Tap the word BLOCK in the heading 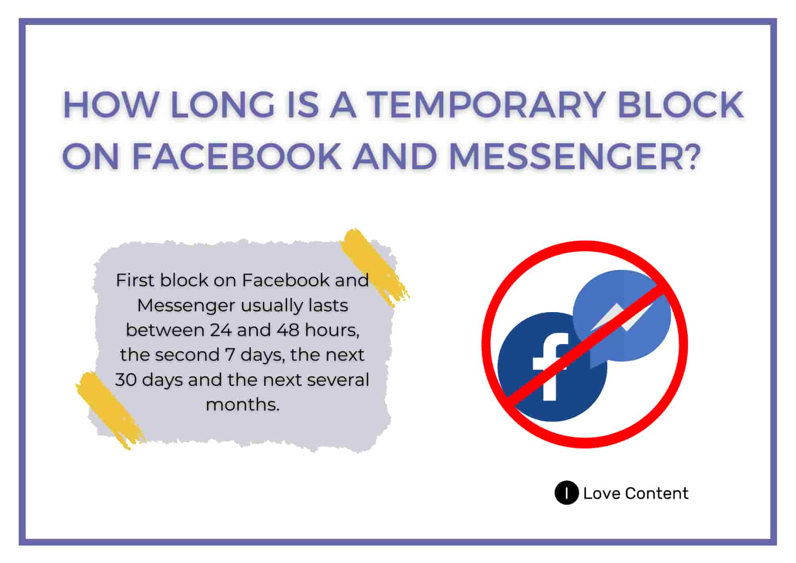pos(681,105)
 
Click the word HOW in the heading pos(111,105)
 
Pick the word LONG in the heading pos(223,105)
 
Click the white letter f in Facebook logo pos(550,366)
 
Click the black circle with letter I pos(566,493)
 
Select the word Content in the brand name pos(657,493)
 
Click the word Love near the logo pos(602,493)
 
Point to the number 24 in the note pos(220,330)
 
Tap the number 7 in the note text pos(230,355)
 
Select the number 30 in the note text pos(126,380)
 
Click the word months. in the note pos(242,405)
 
